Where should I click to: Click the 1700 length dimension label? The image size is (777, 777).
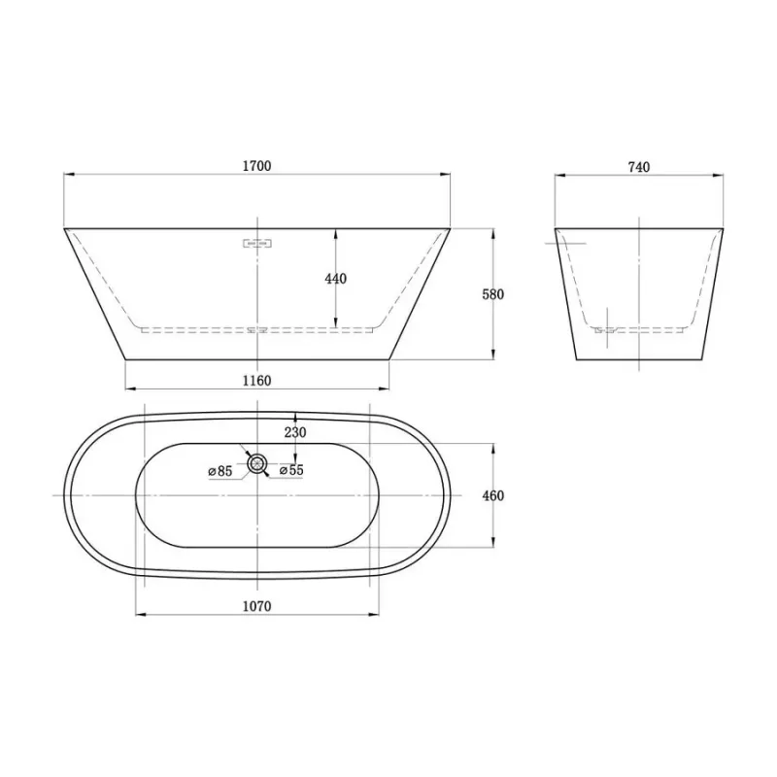click(256, 165)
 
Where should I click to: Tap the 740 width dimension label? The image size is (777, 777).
click(639, 167)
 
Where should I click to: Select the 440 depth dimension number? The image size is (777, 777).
click(335, 279)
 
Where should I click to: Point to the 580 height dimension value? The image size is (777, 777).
click(493, 294)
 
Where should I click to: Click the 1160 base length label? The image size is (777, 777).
click(256, 381)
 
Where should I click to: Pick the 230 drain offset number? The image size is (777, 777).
click(295, 432)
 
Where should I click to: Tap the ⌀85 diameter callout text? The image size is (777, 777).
click(220, 471)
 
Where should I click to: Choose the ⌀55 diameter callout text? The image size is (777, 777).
click(291, 470)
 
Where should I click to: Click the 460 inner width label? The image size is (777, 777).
click(493, 495)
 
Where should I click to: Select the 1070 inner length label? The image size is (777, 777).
click(256, 606)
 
